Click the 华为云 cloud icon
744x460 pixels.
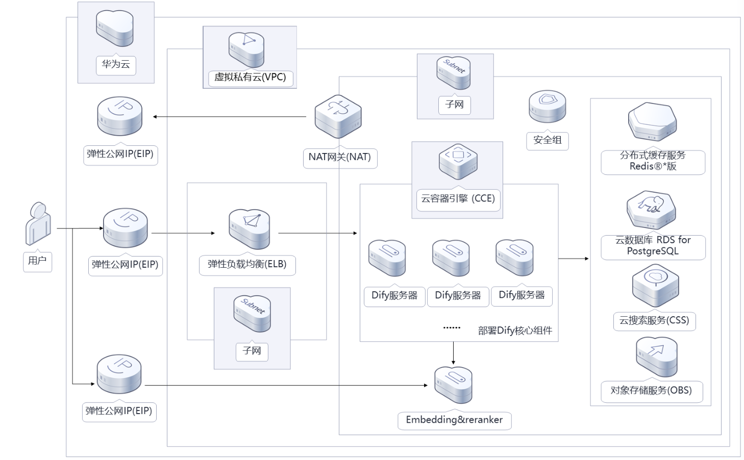pos(115,29)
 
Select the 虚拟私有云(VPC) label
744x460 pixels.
pos(250,78)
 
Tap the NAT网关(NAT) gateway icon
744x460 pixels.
pos(338,117)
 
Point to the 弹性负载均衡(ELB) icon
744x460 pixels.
pos(249,229)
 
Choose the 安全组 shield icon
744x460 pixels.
pos(547,106)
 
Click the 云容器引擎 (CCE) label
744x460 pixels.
pos(458,199)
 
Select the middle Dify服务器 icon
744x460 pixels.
pos(451,258)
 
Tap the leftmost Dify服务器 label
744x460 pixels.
pos(394,296)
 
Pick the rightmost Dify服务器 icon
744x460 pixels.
pos(514,258)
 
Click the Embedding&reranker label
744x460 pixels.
pos(454,420)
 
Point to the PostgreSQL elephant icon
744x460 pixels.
pos(652,209)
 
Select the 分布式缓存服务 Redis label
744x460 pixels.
pos(653,161)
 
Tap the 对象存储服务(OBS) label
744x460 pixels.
pos(651,391)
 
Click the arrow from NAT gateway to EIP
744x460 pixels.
pos(230,117)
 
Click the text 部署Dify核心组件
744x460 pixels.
pos(515,330)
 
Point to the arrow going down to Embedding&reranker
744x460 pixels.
pos(453,353)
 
